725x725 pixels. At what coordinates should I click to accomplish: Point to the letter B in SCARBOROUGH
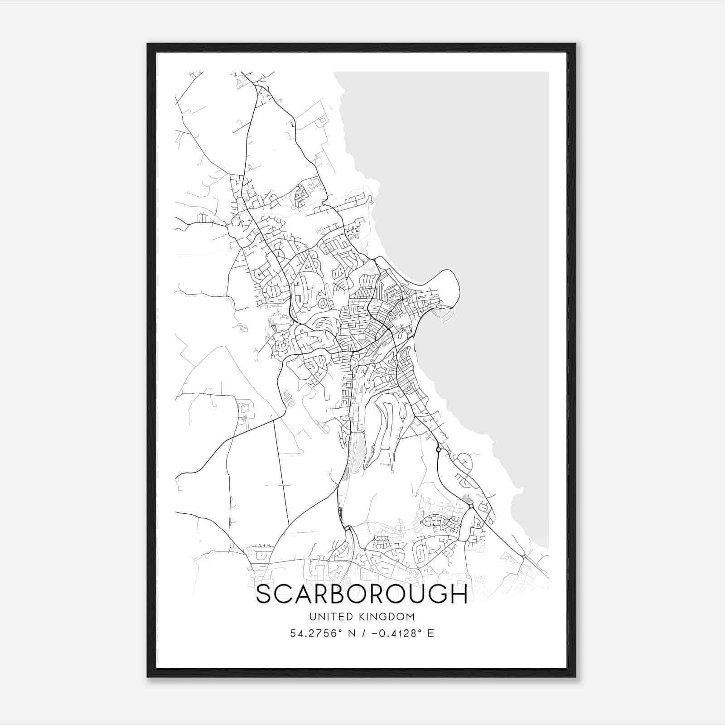click(351, 594)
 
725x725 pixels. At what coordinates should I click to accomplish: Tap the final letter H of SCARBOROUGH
click(459, 594)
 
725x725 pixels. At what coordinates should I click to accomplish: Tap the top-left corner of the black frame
click(148, 44)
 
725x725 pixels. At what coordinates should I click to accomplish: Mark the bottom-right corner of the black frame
click(575, 677)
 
